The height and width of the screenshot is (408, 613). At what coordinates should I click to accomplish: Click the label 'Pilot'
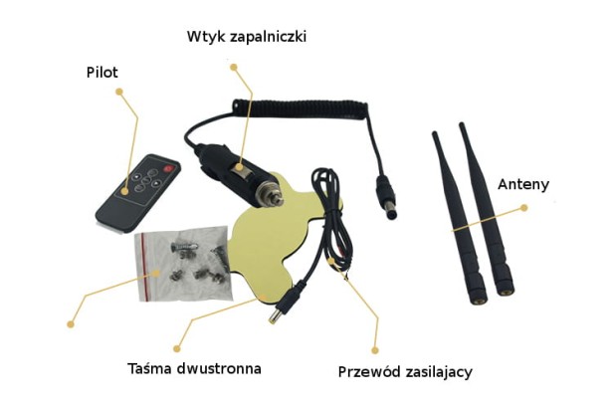pos(102,73)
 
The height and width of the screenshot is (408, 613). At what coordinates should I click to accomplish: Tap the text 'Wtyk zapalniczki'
pos(247,37)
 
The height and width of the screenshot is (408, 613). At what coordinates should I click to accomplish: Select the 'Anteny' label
pos(523,184)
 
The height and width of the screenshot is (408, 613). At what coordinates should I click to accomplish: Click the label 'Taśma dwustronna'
pos(194,368)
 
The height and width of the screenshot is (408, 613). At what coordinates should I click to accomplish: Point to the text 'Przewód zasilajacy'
pos(405,372)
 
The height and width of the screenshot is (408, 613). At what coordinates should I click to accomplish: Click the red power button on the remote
pos(168,169)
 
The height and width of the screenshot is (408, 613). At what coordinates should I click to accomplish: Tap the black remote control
pos(137,193)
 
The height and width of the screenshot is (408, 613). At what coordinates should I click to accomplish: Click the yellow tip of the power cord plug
pos(272,318)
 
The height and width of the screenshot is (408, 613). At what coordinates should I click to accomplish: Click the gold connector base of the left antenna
pos(480,302)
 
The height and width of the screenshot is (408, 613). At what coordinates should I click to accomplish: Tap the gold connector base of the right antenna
pos(507,292)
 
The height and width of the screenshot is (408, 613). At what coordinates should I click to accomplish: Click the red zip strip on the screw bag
pos(144,268)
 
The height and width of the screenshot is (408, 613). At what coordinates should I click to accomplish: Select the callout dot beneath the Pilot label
pos(119,92)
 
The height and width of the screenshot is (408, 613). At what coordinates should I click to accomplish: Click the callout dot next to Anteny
pos(524,208)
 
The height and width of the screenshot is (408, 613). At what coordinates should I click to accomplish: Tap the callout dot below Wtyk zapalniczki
pos(234,68)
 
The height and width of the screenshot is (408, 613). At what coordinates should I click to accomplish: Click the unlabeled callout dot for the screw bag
pos(71,324)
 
